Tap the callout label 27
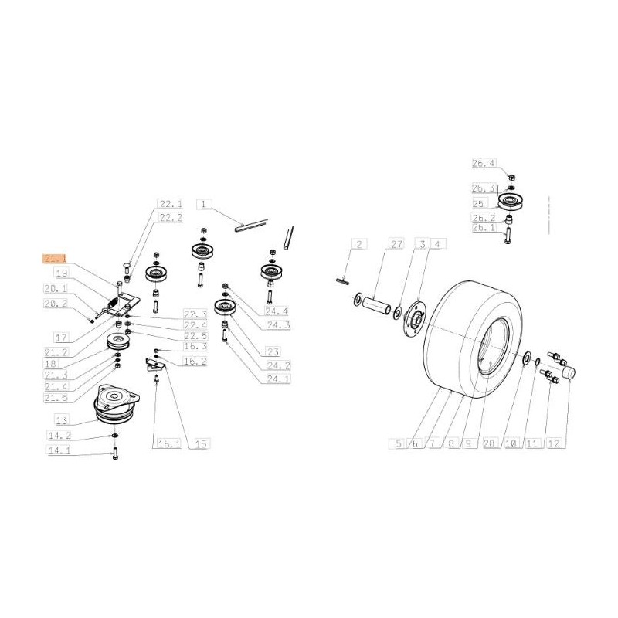point(397,245)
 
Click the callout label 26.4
point(484,163)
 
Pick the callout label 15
point(200,443)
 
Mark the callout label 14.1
point(60,450)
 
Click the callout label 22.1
point(170,204)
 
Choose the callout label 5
point(399,443)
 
